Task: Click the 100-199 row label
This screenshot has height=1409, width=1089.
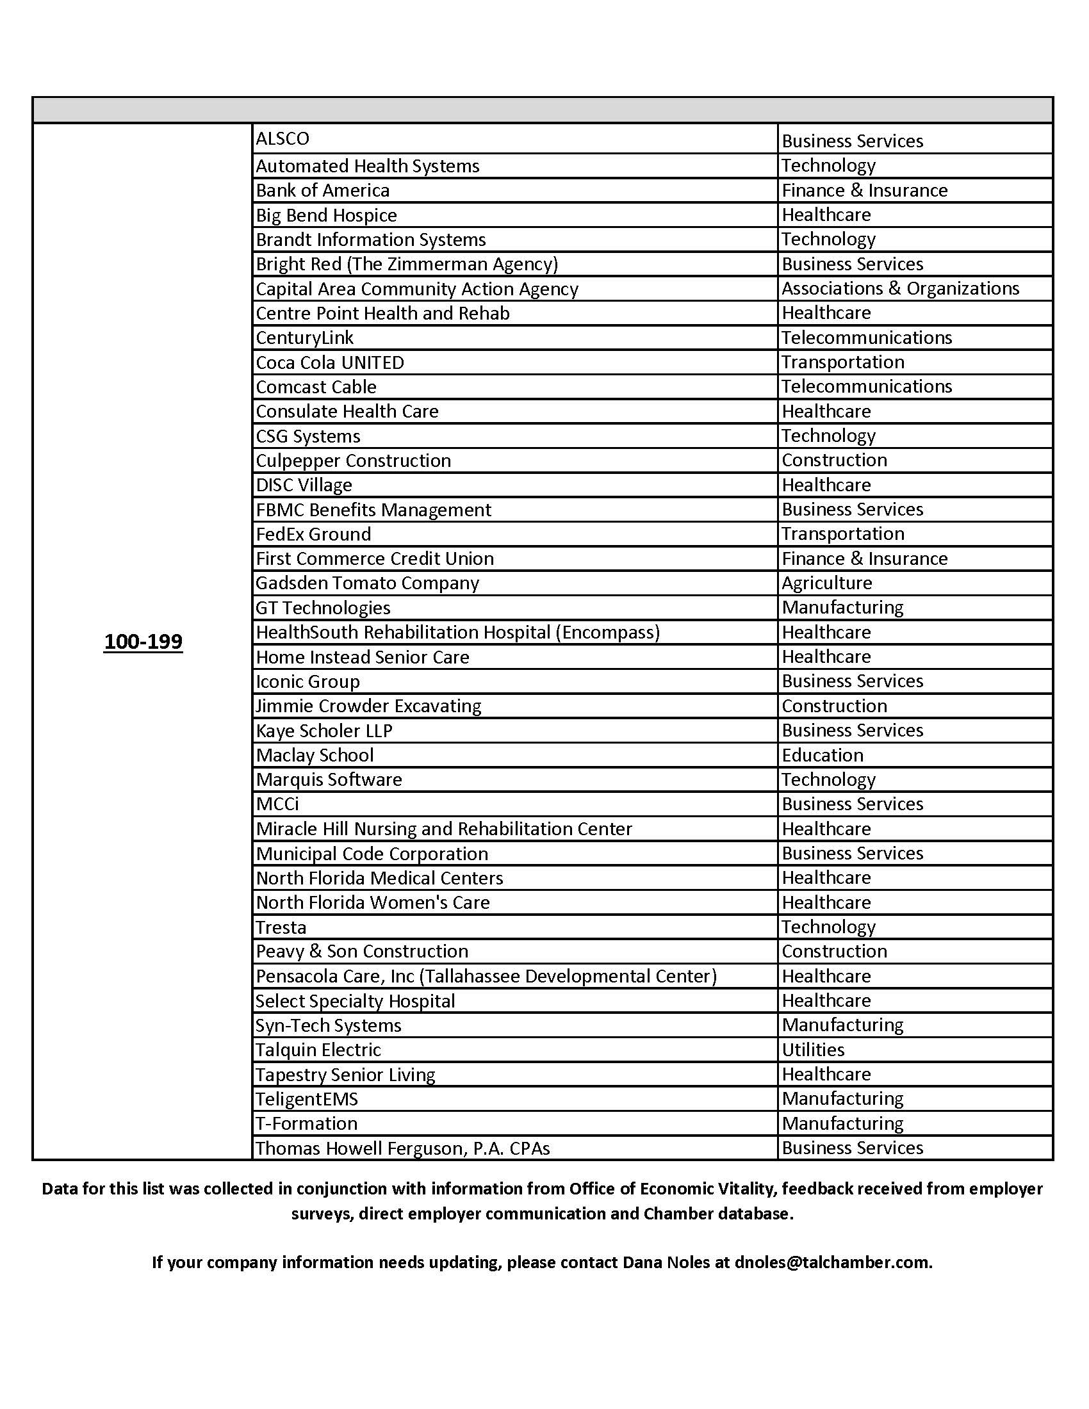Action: [143, 642]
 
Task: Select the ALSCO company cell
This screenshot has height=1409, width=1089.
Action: [282, 139]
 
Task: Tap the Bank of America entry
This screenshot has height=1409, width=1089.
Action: [323, 190]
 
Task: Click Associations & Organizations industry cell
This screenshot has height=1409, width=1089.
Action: [900, 288]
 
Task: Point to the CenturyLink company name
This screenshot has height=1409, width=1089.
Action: [304, 338]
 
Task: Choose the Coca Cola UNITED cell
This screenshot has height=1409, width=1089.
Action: [330, 362]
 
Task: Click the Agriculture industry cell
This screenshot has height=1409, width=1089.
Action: [826, 583]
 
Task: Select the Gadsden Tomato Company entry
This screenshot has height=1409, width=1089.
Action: [367, 583]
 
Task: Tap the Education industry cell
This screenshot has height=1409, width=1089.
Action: [822, 755]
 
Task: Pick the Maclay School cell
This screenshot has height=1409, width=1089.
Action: [315, 755]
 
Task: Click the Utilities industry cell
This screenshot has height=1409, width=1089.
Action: [813, 1050]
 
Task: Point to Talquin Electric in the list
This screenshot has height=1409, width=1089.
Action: [318, 1050]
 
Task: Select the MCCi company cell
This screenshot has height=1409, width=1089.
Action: [277, 804]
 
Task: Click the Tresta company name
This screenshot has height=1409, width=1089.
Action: [281, 927]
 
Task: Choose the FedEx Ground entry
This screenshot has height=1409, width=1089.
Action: [313, 534]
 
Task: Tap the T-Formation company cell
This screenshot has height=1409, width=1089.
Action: [306, 1123]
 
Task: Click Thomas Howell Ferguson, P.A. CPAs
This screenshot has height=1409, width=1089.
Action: [402, 1148]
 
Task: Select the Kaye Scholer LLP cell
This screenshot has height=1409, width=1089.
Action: [324, 730]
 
